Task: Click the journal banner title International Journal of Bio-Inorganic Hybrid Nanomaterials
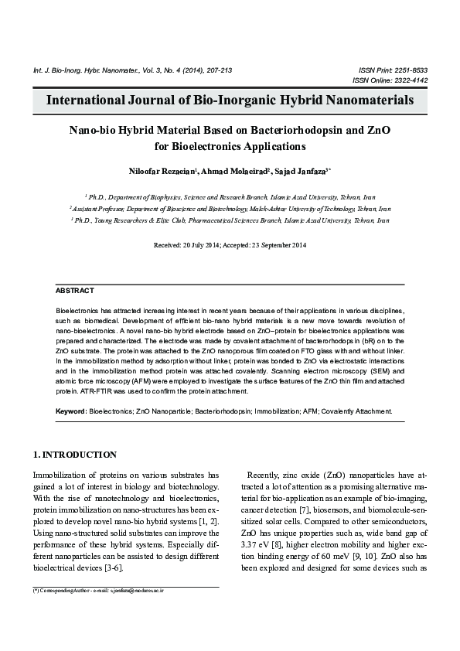coord(230,101)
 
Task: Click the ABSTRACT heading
coord(75,291)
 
